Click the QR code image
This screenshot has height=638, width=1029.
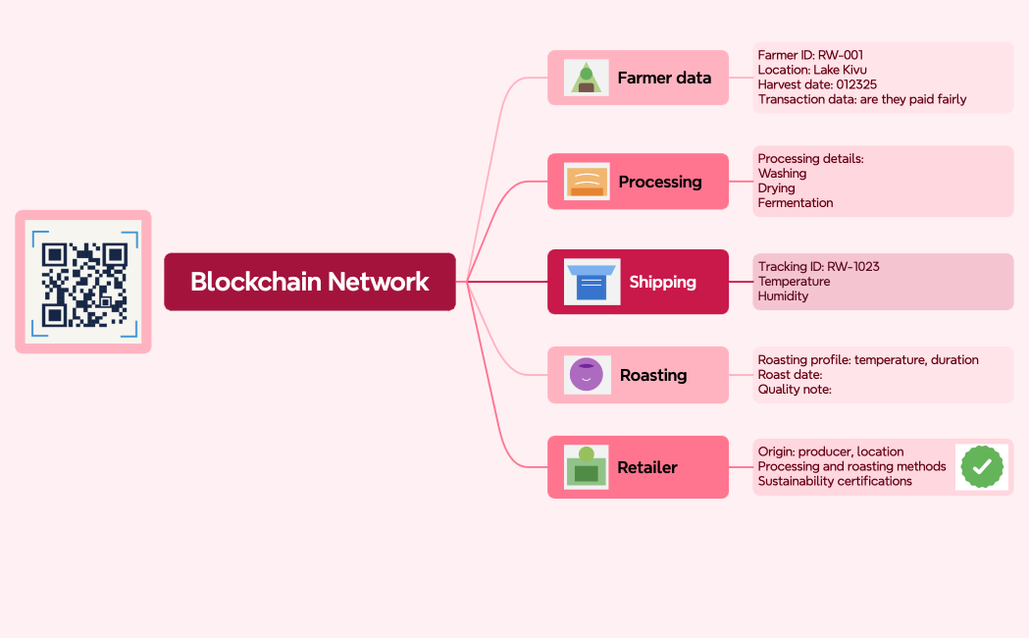(83, 282)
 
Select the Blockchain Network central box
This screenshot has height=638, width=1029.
(309, 282)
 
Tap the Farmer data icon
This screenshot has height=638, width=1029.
(586, 78)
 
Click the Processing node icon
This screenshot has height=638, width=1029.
(587, 182)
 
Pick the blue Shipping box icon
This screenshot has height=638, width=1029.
(592, 282)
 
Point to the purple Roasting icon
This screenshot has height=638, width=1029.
(587, 375)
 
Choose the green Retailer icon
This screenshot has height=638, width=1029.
(587, 467)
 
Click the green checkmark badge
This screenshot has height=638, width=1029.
(981, 467)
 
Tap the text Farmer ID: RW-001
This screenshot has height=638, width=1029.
(810, 56)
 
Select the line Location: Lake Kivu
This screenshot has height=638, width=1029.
(812, 71)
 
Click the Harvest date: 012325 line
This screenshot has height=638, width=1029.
(817, 85)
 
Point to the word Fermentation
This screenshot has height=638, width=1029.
(796, 203)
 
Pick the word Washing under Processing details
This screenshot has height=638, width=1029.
(782, 174)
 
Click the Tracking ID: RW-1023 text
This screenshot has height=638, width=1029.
(818, 267)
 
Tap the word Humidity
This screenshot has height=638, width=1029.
(783, 296)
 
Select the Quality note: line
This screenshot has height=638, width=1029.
(795, 390)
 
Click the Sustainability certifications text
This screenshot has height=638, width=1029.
(835, 482)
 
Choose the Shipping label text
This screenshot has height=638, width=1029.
(662, 282)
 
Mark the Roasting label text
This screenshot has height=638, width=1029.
(653, 375)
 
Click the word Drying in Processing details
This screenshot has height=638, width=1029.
(777, 188)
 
